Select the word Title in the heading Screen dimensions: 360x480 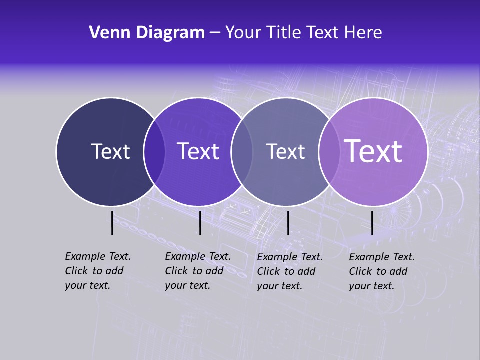(283, 33)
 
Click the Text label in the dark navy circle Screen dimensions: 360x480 (110, 151)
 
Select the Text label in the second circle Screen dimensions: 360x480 (198, 151)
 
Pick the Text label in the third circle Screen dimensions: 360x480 (285, 151)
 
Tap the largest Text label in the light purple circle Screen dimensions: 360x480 (373, 151)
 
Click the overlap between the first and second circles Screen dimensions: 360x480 (154, 151)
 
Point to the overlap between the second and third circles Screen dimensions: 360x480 (242, 151)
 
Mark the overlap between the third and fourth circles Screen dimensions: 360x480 (329, 151)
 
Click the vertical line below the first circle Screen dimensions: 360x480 (112, 223)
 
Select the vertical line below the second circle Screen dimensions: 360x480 (200, 223)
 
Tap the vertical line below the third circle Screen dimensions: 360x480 (288, 223)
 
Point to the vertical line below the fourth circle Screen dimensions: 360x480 (372, 223)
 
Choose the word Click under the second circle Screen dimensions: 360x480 (176, 271)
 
